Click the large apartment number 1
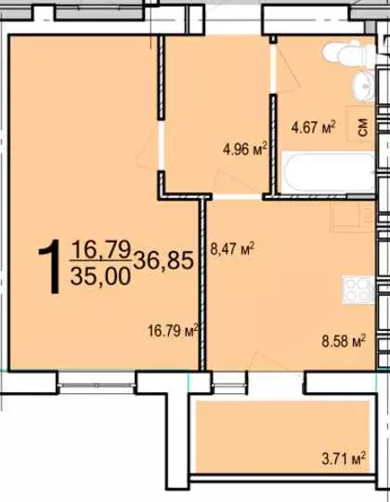(50, 267)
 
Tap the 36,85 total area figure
(163, 260)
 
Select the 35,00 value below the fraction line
(100, 276)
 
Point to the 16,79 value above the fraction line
(101, 249)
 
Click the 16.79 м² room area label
(174, 330)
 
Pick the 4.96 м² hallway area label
(245, 149)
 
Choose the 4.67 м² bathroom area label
(313, 127)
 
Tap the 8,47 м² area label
(232, 248)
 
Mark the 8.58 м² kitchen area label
(344, 341)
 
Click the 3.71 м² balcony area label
(344, 458)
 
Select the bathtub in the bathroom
(329, 173)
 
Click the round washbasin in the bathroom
(364, 86)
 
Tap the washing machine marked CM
(361, 125)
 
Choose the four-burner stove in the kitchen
(358, 290)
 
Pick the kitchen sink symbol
(352, 215)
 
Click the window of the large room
(97, 383)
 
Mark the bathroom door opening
(273, 69)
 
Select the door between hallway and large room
(162, 146)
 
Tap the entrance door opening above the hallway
(233, 20)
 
